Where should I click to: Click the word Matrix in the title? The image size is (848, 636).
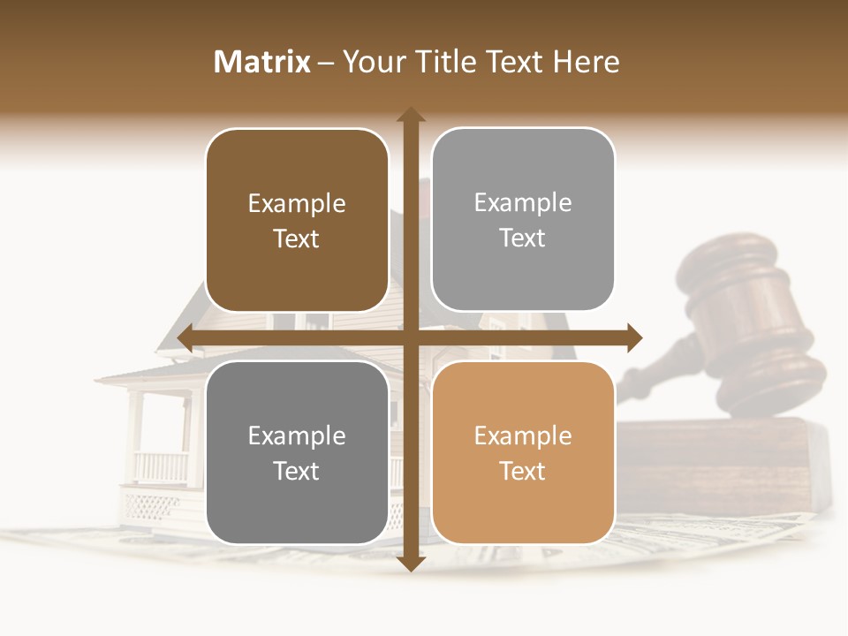(x=262, y=62)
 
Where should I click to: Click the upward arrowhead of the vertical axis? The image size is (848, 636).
(x=410, y=115)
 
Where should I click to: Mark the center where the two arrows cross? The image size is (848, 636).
(x=410, y=337)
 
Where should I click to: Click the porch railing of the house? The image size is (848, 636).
(x=161, y=466)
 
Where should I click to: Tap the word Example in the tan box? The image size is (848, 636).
(x=523, y=435)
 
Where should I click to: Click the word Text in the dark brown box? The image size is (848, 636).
(x=297, y=238)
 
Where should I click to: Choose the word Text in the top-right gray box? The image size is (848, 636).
(x=523, y=238)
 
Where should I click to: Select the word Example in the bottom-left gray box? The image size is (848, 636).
(x=297, y=435)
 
